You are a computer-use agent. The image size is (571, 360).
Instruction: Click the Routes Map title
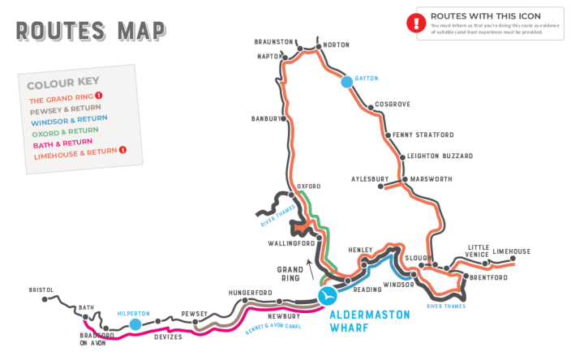91,30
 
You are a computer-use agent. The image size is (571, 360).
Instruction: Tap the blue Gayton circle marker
347,82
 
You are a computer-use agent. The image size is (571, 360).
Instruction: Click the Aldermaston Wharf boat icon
327,297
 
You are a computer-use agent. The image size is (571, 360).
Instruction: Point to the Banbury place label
267,118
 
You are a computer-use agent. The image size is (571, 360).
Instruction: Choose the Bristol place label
41,289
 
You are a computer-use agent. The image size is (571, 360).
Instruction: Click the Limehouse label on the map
511,251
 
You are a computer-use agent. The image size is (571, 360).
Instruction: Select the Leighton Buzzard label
441,156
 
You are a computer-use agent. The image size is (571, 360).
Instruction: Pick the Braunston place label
273,41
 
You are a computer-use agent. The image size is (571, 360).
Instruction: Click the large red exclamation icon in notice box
416,23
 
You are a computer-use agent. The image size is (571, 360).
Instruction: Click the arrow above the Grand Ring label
307,262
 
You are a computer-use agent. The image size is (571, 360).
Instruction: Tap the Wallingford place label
290,243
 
